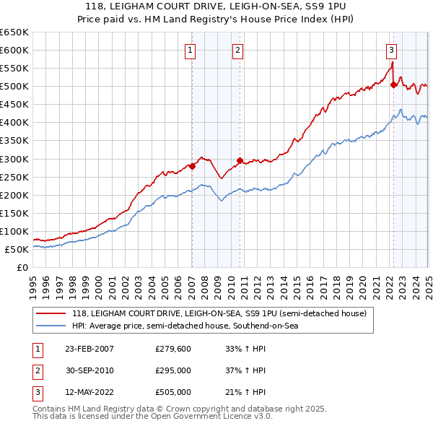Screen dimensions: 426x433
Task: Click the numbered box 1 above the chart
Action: [189, 50]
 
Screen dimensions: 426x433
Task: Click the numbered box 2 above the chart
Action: [237, 50]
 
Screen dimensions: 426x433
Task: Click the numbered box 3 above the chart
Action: [390, 50]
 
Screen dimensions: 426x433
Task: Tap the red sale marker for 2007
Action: [192, 166]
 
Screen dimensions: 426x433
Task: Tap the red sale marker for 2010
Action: [240, 160]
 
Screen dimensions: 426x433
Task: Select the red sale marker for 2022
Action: [393, 84]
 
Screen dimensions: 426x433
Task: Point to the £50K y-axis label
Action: [17, 249]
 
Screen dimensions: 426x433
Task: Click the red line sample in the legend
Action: [51, 313]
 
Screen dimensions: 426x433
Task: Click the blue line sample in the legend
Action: [51, 326]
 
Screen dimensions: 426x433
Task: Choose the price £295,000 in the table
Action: [173, 371]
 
